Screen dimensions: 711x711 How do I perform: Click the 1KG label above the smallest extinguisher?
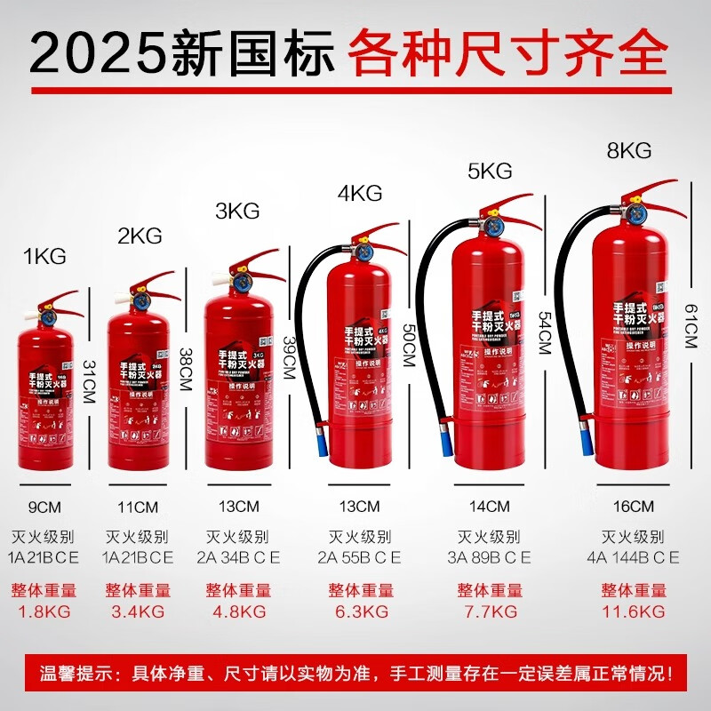tap(45, 258)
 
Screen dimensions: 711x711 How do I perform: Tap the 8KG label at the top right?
tap(629, 151)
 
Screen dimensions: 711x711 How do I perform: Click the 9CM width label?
tap(44, 507)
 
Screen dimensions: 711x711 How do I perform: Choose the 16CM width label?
tap(633, 507)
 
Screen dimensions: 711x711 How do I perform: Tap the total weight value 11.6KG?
tap(633, 611)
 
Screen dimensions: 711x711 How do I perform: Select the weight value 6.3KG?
tap(359, 611)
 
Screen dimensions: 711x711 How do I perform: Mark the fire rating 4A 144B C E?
tap(633, 557)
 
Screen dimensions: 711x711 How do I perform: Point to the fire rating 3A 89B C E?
tap(489, 557)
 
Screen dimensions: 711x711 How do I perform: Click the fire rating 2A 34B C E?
tap(238, 557)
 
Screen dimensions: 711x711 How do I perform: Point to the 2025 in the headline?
tap(94, 53)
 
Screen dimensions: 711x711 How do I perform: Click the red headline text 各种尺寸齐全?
tap(507, 53)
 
